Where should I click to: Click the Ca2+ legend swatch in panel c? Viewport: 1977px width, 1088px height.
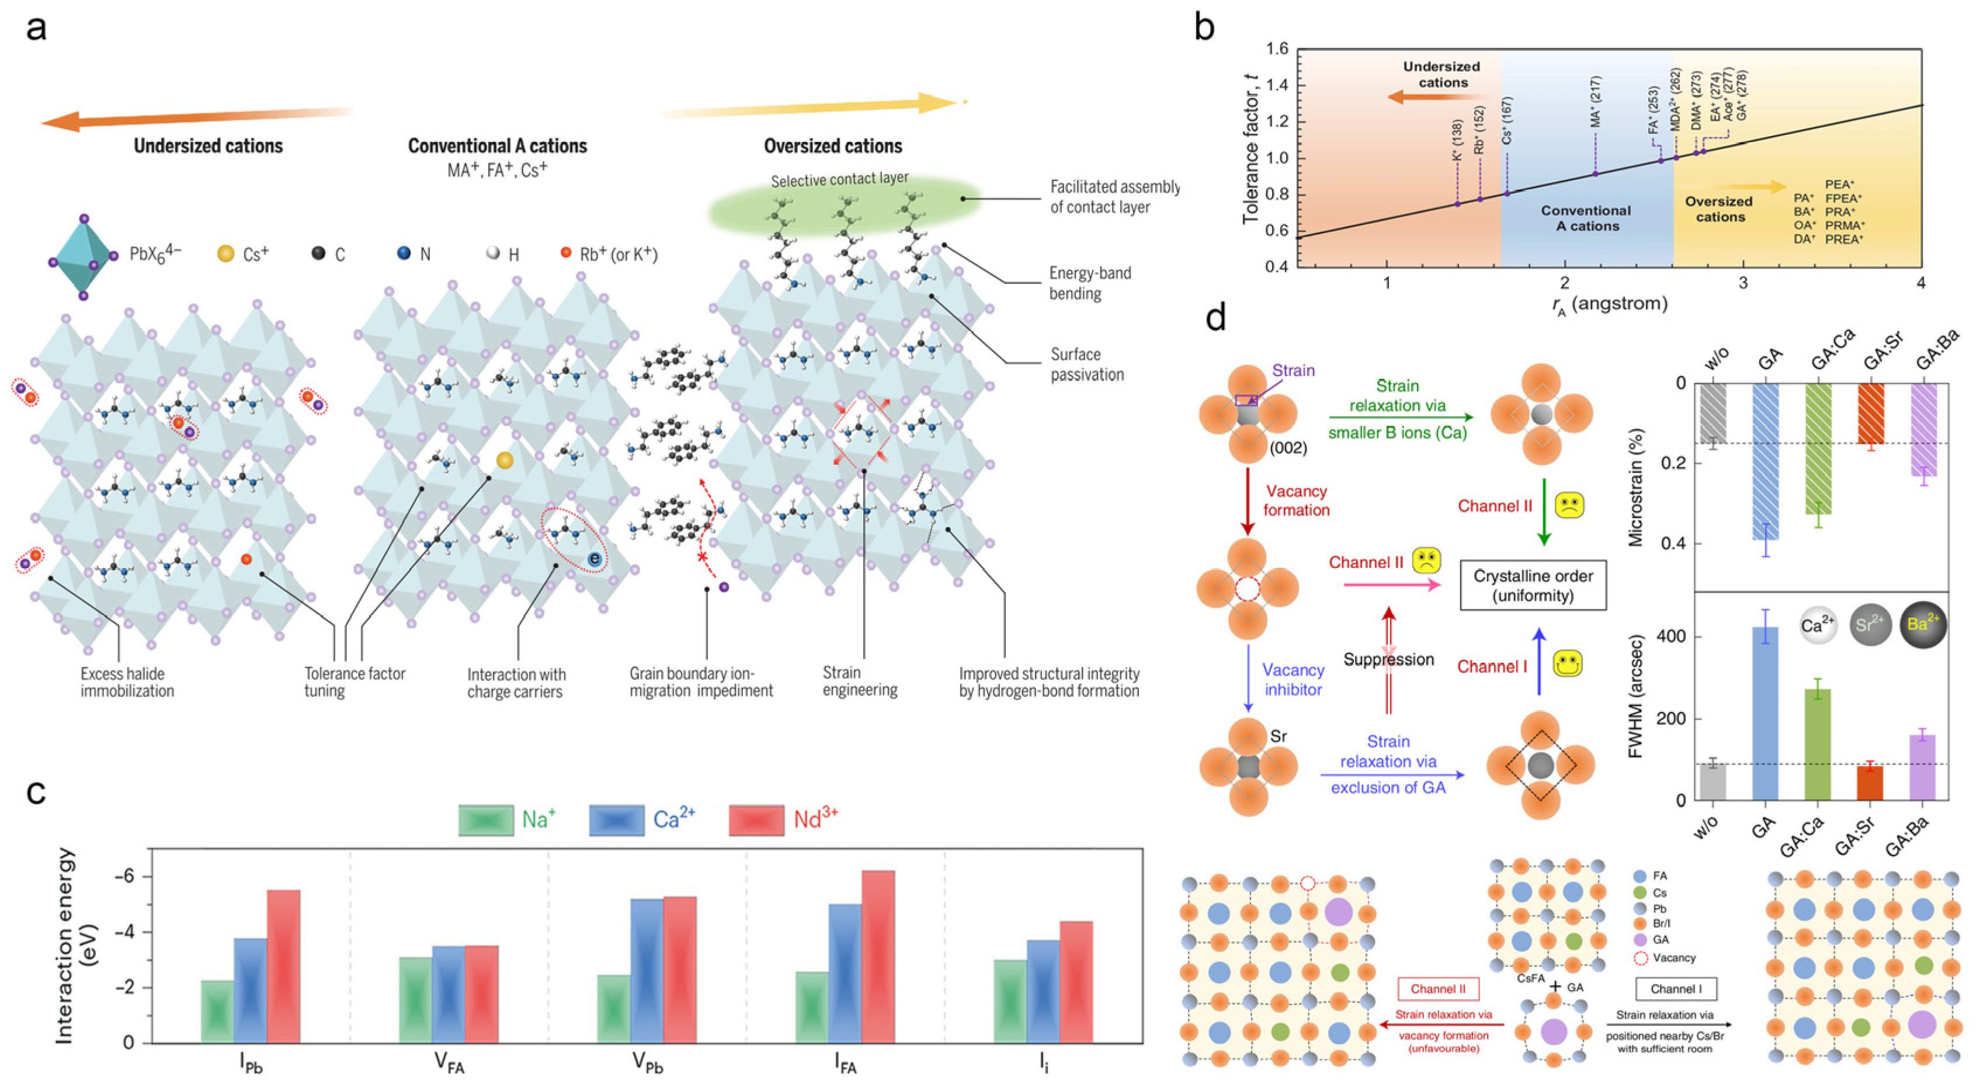pos(616,820)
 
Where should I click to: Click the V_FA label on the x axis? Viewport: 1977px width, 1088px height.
pos(449,1063)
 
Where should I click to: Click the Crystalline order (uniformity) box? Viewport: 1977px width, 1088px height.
pos(1533,585)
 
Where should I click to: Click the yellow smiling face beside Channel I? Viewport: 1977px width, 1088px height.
pos(1568,663)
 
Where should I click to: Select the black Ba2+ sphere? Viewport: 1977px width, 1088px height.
pos(1923,624)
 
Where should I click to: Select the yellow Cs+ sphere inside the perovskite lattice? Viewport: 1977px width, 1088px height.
pos(504,460)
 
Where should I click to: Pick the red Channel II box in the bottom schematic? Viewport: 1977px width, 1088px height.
pos(1439,989)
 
